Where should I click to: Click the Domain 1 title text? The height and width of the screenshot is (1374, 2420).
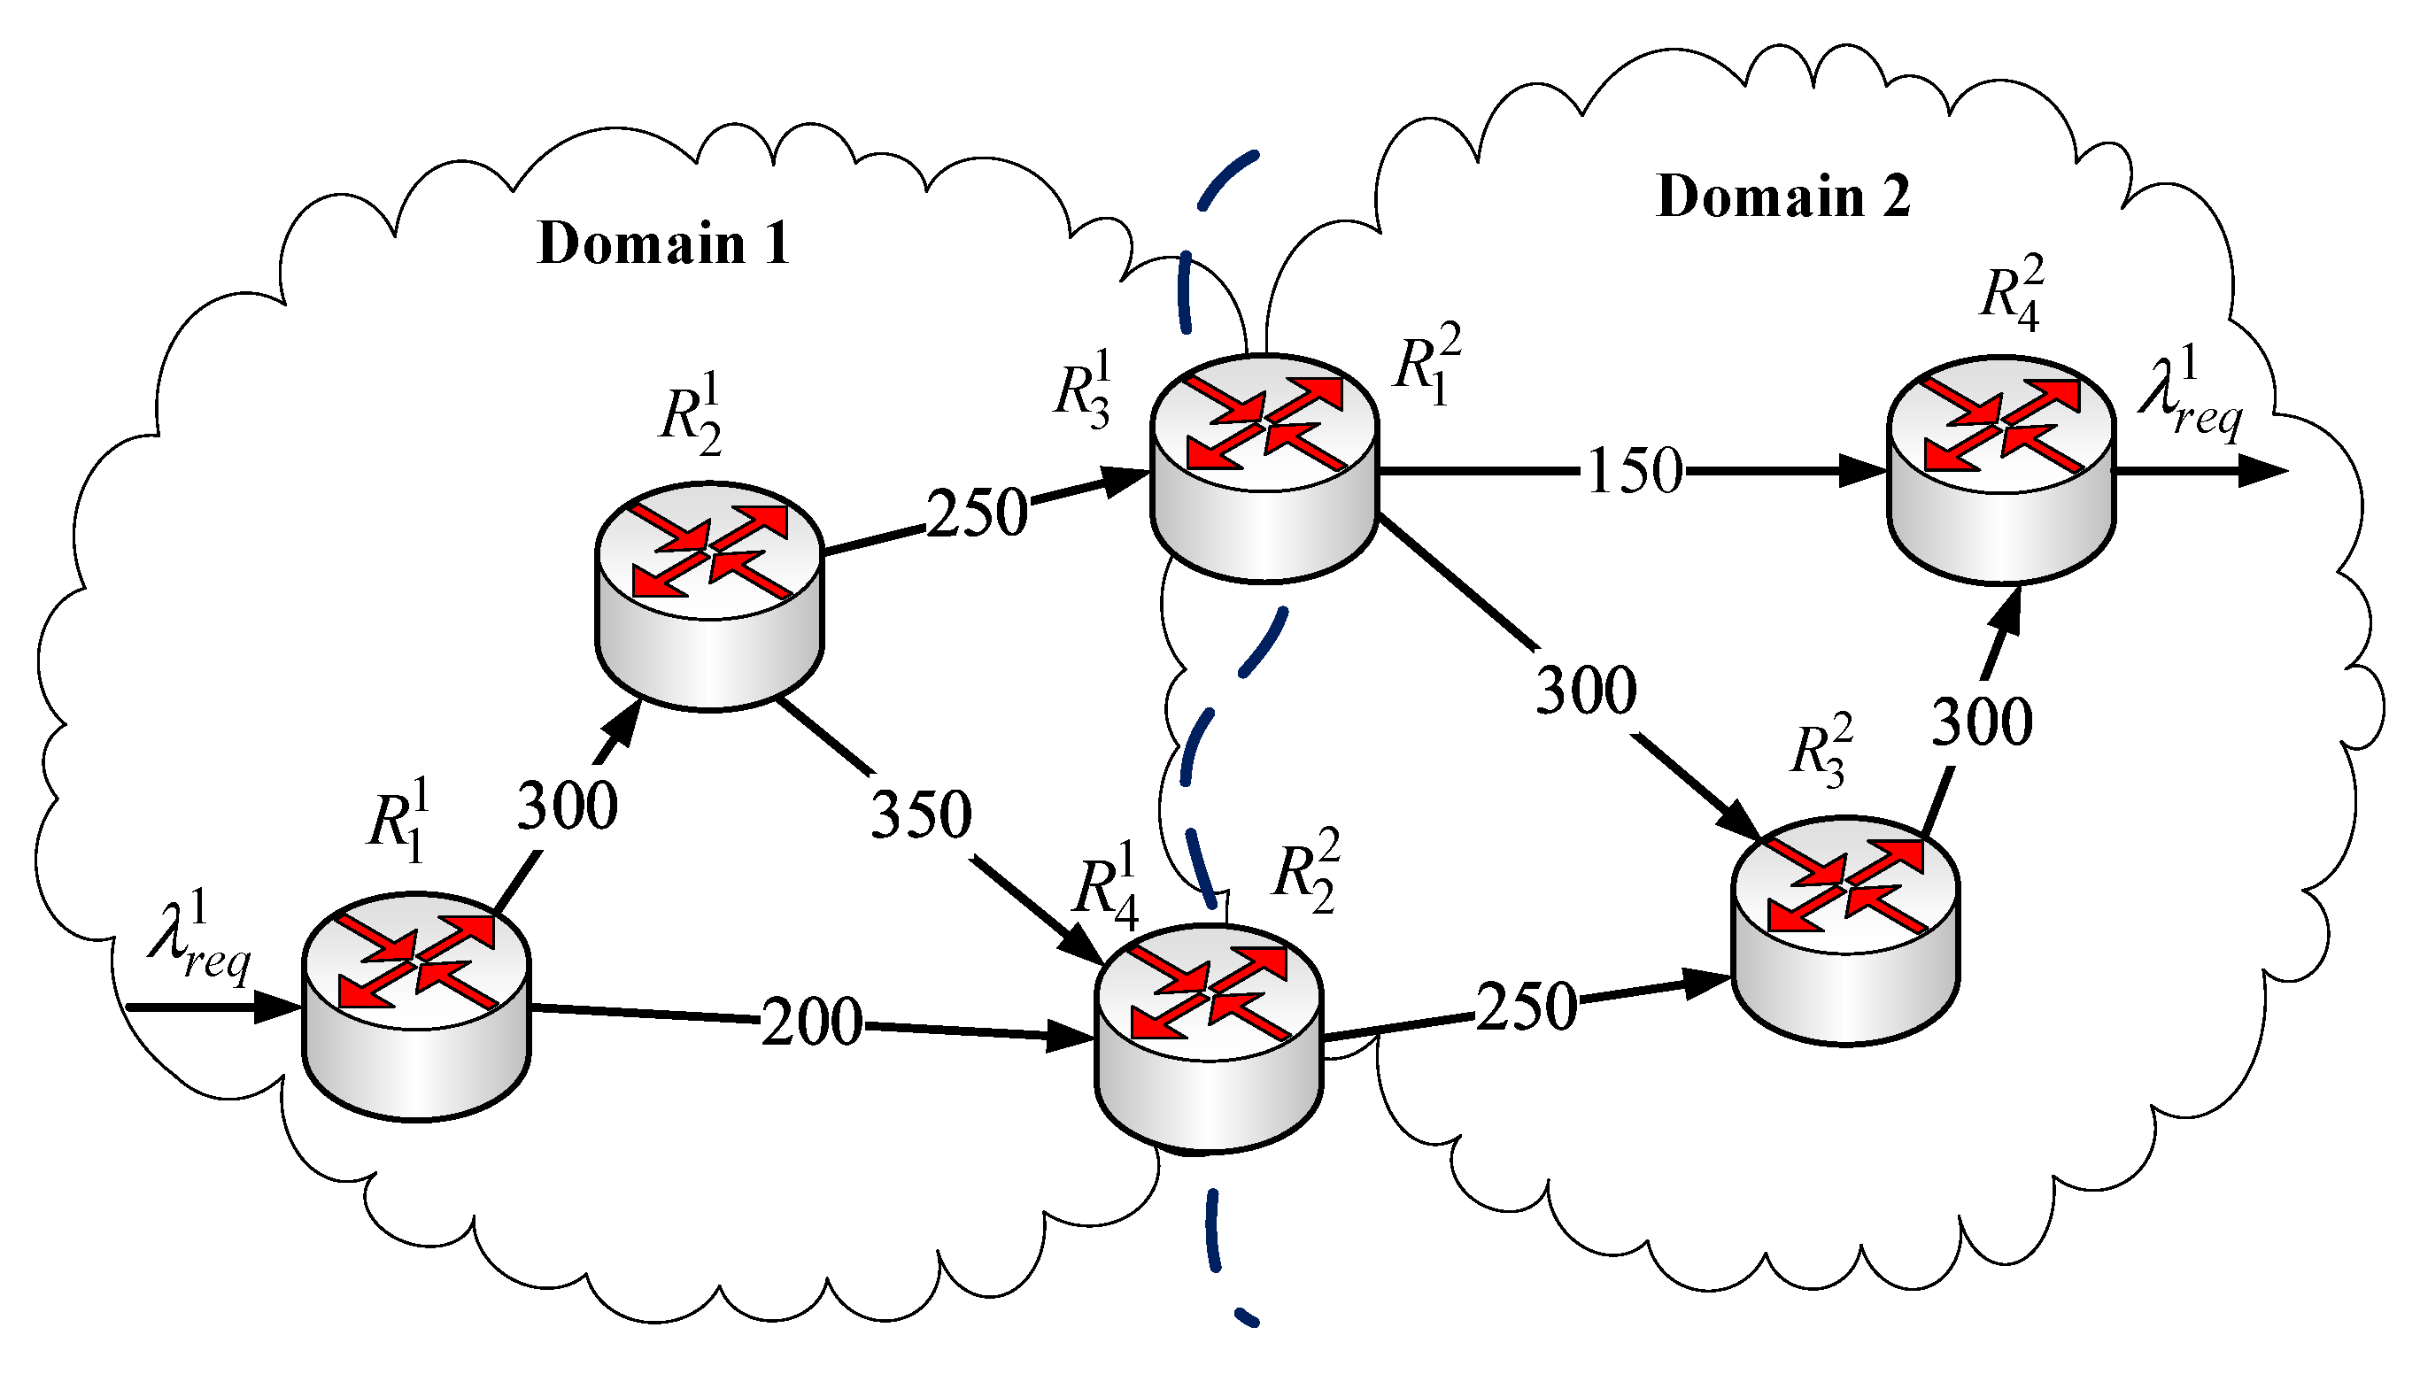click(x=662, y=243)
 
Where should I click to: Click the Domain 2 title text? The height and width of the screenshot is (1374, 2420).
click(x=1783, y=197)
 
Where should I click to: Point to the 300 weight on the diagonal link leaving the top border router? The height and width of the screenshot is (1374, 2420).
click(x=1586, y=691)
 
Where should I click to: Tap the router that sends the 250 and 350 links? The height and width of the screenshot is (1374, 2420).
click(x=710, y=596)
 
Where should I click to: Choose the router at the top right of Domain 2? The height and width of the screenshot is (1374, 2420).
click(x=2001, y=469)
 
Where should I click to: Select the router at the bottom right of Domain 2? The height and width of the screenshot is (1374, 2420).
click(x=1845, y=930)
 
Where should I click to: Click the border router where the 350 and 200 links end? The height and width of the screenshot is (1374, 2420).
click(x=1209, y=1038)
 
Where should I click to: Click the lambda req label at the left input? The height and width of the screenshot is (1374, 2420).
click(x=199, y=938)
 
